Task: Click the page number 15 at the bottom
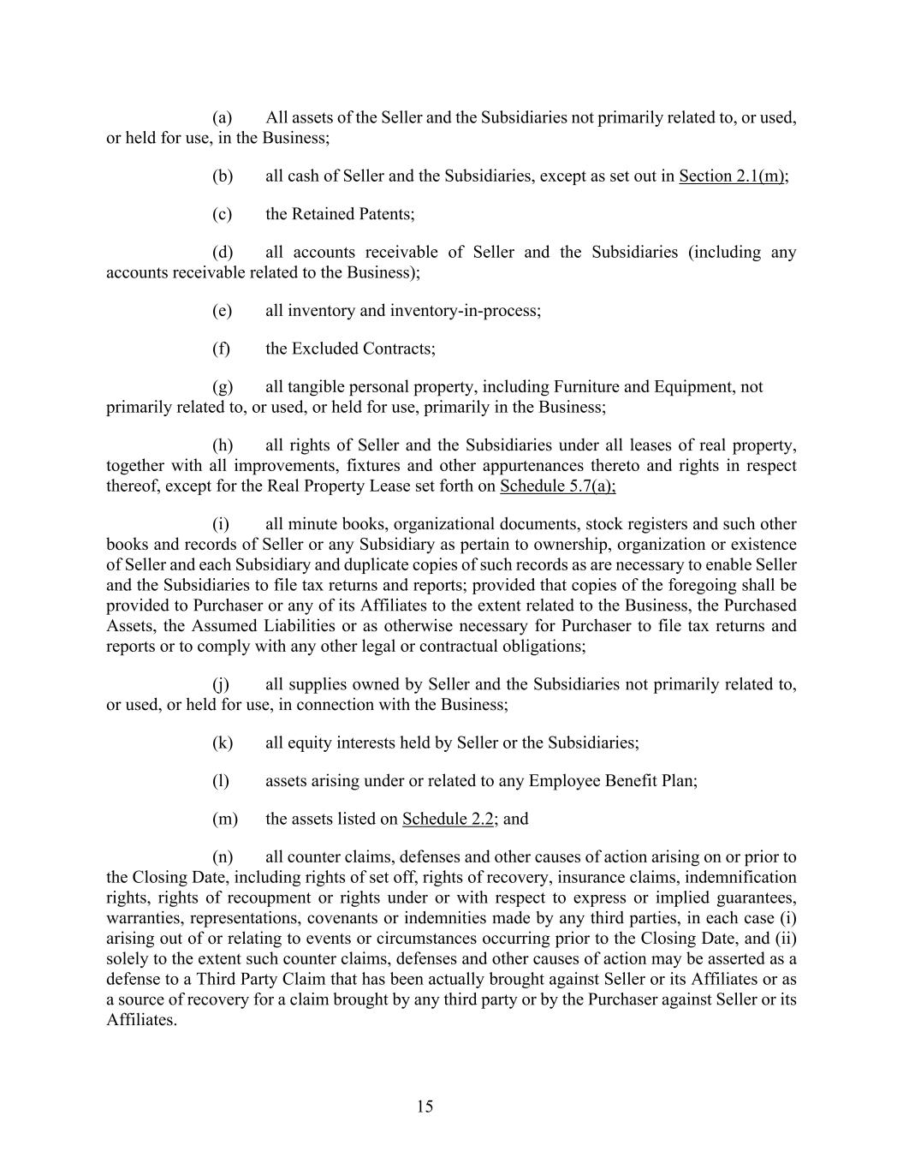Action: pos(425,1106)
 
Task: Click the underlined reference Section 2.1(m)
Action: pos(733,176)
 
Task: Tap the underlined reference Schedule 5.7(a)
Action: pos(557,486)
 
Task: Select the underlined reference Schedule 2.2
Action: pos(448,819)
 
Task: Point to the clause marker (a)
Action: pos(222,117)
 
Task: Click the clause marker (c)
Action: pos(222,214)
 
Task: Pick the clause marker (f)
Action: pos(222,349)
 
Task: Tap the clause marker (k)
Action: pos(222,743)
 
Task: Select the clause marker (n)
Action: pos(222,857)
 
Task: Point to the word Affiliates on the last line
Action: pos(140,1020)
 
